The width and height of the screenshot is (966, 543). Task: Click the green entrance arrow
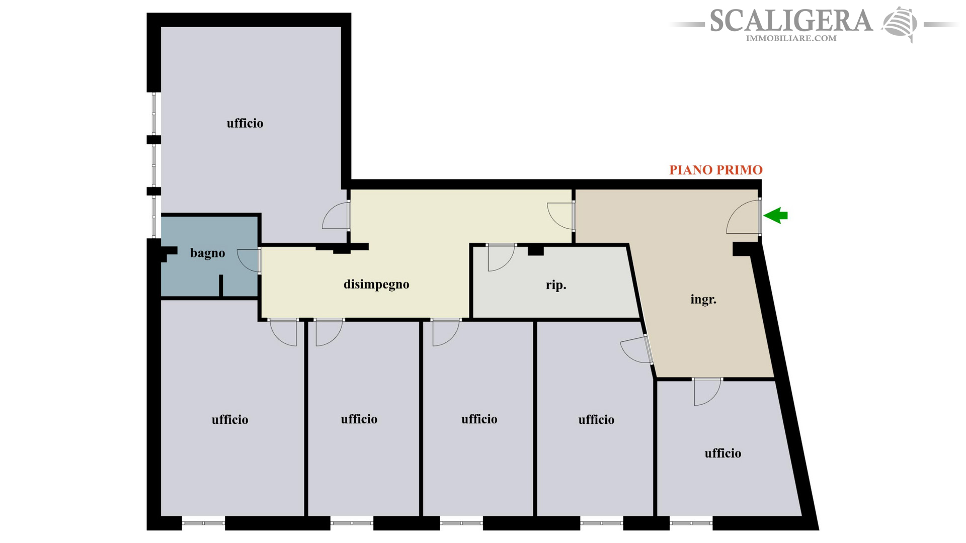tap(775, 215)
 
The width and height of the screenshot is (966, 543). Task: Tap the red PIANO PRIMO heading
tap(715, 170)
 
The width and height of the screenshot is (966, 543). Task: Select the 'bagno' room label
tap(207, 253)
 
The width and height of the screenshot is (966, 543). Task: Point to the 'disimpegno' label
tap(376, 285)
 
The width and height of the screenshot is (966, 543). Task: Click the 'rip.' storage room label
tap(556, 285)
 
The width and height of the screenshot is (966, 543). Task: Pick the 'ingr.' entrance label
tap(703, 300)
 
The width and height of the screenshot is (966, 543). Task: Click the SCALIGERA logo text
tap(791, 21)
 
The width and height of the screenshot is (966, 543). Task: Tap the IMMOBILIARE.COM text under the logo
tap(791, 38)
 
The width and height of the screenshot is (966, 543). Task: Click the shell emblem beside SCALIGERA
tap(900, 24)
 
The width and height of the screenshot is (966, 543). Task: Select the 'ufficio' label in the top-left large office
tap(245, 123)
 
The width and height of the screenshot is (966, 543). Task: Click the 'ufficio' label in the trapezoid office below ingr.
tap(723, 454)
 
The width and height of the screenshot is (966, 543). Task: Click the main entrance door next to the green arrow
tap(744, 217)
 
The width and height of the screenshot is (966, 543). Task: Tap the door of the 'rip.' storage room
tap(501, 257)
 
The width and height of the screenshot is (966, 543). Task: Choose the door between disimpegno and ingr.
tap(560, 216)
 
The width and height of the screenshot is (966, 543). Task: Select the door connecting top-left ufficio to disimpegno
tap(336, 215)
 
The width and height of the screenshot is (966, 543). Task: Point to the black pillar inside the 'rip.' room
tap(536, 250)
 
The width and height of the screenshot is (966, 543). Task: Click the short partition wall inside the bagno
tap(221, 286)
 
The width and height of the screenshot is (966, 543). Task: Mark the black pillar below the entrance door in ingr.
tap(745, 249)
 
